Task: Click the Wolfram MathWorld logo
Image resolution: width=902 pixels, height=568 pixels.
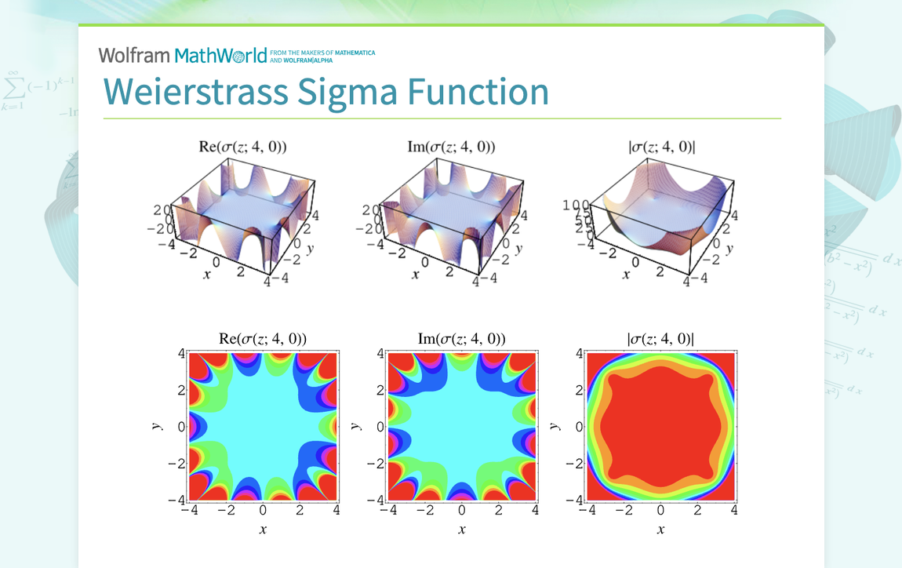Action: click(183, 55)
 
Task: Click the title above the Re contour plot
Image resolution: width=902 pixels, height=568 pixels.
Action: click(263, 339)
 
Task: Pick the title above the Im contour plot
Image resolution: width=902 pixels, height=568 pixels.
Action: click(461, 339)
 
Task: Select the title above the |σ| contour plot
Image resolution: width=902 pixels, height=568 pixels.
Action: click(660, 339)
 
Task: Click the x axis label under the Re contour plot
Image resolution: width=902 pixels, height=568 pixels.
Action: click(263, 530)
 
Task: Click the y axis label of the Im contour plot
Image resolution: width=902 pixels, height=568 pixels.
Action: click(356, 426)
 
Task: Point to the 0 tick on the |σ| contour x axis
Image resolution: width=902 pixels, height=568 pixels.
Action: click(660, 511)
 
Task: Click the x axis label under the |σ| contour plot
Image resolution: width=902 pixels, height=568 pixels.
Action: click(660, 530)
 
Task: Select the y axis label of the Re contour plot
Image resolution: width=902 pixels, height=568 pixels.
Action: click(157, 426)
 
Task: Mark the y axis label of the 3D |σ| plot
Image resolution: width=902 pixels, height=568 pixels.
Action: click(731, 249)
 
